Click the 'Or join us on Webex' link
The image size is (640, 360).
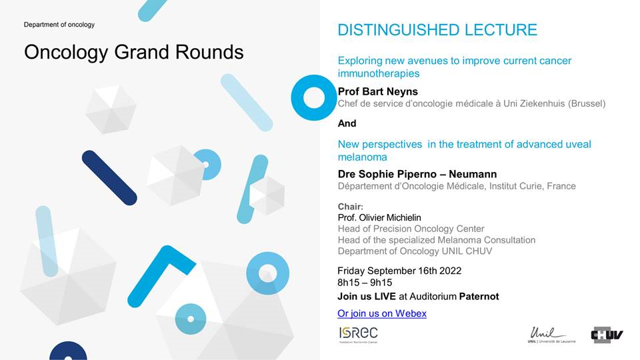(381, 313)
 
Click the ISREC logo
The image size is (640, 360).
(359, 335)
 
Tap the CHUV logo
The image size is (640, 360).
(607, 335)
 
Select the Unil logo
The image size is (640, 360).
(551, 335)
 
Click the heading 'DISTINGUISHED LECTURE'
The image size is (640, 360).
(437, 30)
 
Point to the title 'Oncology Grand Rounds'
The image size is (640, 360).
(134, 52)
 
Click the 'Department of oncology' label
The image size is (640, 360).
(59, 25)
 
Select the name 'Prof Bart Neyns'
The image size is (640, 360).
(378, 91)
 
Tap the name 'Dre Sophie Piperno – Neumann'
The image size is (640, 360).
(417, 174)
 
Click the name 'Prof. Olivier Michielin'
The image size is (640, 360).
(379, 217)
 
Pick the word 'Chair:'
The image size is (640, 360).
(350, 207)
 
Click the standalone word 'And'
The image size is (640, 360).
(347, 123)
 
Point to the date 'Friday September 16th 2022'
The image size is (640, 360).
(399, 271)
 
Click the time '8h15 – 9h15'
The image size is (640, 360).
(365, 283)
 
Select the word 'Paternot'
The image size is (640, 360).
(479, 296)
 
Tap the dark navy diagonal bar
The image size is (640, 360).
(109, 177)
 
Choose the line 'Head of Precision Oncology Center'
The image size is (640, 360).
(411, 229)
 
